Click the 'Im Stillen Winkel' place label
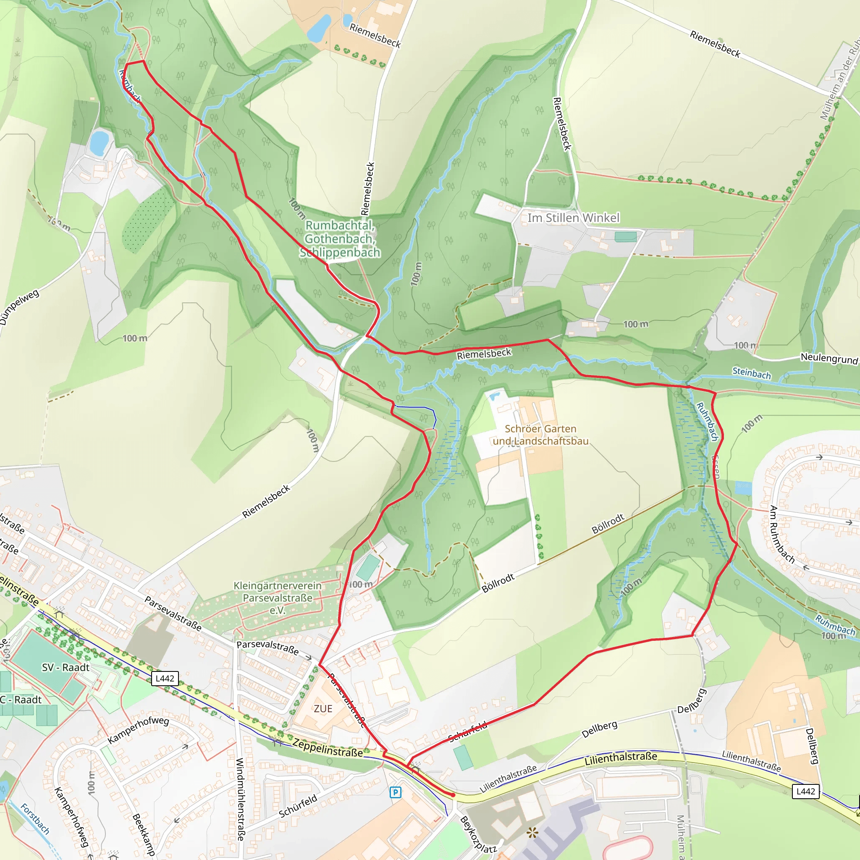click(573, 218)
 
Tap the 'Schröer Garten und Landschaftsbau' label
click(540, 435)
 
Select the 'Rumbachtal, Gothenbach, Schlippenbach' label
click(340, 239)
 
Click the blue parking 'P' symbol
click(395, 792)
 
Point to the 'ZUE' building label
click(323, 709)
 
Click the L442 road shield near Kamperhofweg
click(165, 679)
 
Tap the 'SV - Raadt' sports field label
click(66, 668)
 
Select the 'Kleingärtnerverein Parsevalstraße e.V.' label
click(277, 598)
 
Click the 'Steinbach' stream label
click(751, 373)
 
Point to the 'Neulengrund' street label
click(829, 358)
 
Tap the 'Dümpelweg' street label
click(19, 307)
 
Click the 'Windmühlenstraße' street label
click(240, 800)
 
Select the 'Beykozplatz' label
click(477, 834)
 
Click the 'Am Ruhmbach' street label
click(782, 535)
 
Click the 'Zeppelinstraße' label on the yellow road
click(328, 747)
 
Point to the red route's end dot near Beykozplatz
click(453, 794)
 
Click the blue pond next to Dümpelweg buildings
click(99, 142)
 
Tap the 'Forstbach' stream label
click(35, 818)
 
